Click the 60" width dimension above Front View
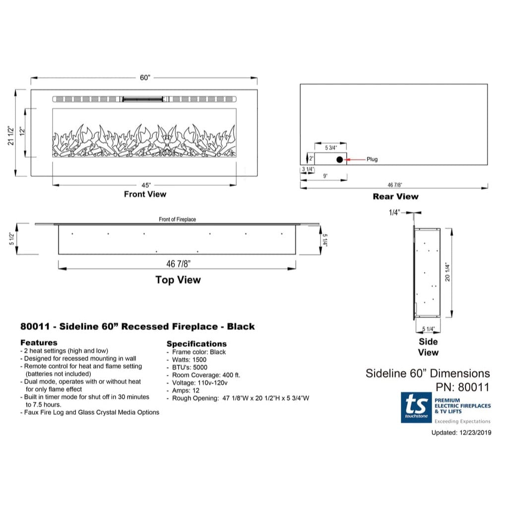tap(145, 78)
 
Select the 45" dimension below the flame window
tap(146, 186)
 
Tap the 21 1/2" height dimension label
tap(11, 135)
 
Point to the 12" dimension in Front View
tap(22, 131)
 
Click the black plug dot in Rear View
tap(339, 159)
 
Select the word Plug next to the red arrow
tap(372, 159)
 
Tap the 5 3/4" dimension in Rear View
tap(331, 148)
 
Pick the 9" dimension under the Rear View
tap(325, 176)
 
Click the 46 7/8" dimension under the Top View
tap(178, 264)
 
